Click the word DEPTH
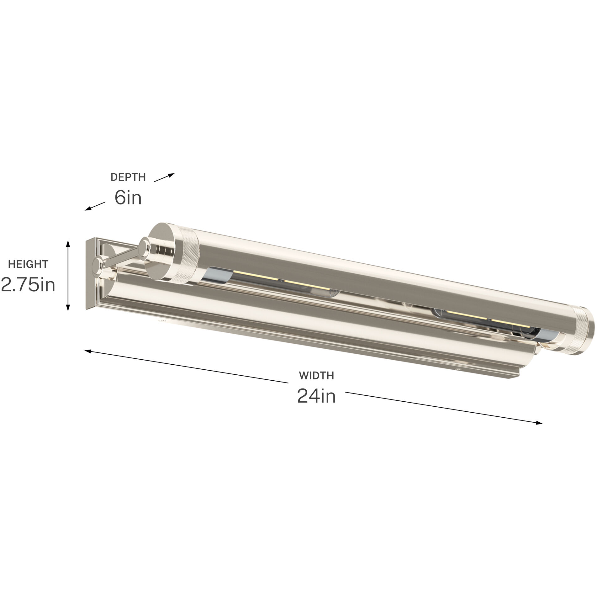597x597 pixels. tap(128, 177)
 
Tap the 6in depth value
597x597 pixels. tap(128, 198)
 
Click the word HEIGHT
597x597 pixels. tap(28, 264)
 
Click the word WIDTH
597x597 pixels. tap(316, 375)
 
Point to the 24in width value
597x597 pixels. tap(316, 396)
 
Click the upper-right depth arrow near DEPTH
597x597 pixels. tap(164, 177)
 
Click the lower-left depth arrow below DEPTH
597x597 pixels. tap(95, 206)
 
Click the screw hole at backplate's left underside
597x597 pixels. tap(162, 321)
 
